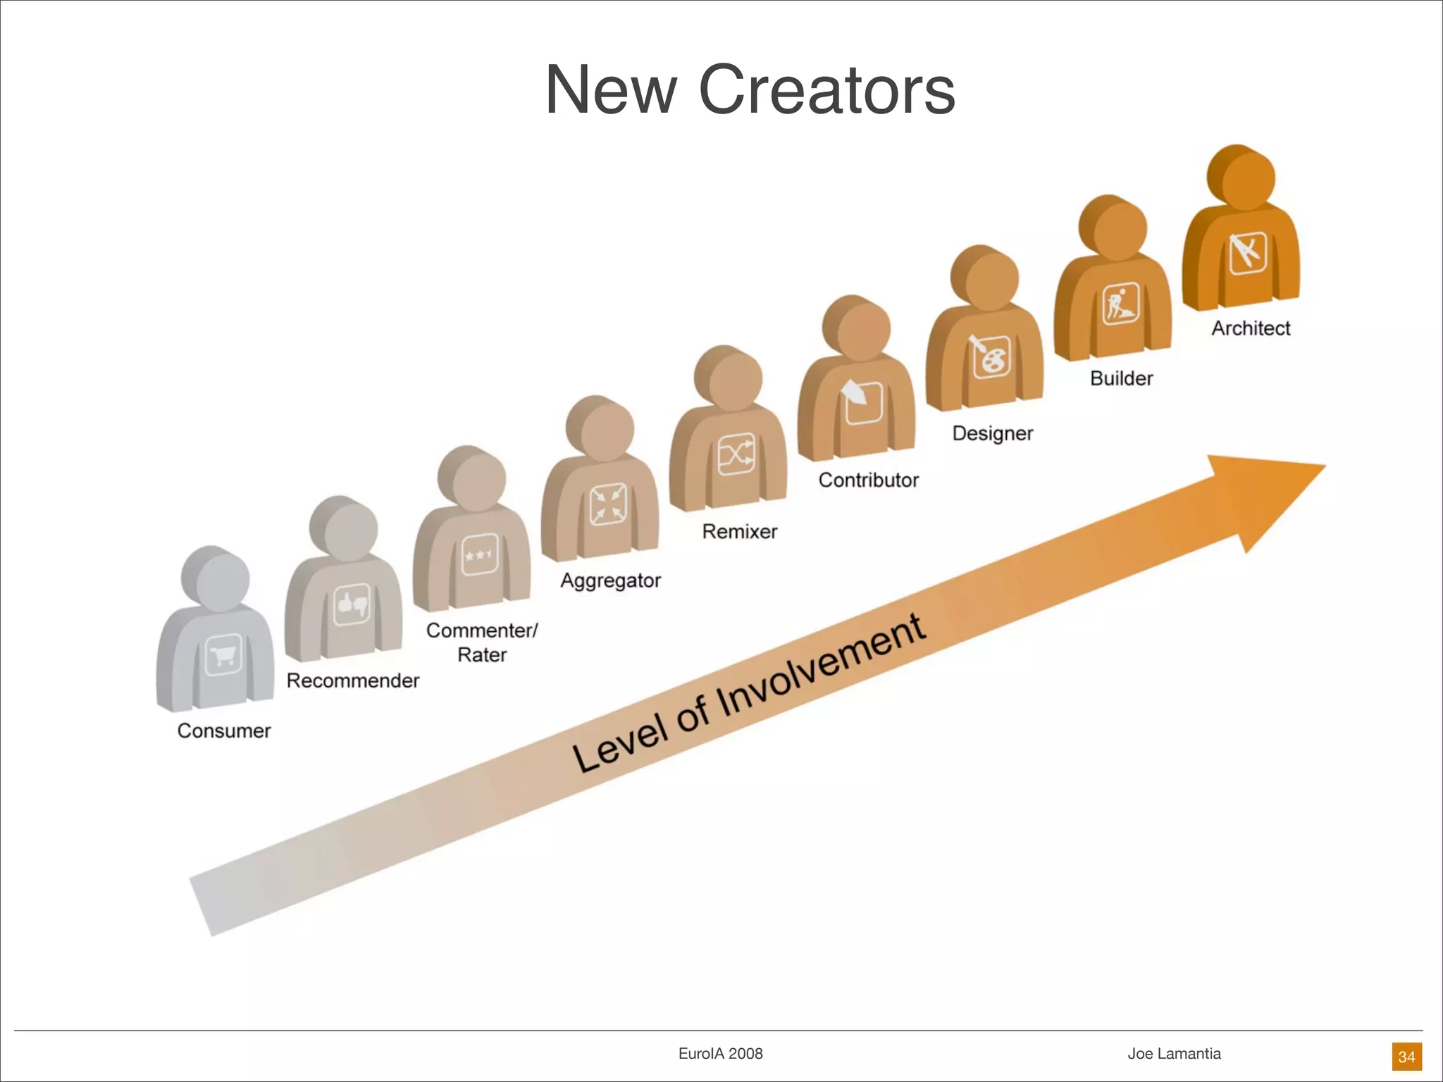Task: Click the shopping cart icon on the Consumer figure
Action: click(x=223, y=655)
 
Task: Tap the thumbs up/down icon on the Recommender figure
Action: click(x=352, y=604)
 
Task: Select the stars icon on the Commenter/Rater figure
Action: click(x=480, y=554)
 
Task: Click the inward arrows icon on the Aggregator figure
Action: click(x=608, y=504)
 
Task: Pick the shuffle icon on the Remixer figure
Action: click(x=736, y=454)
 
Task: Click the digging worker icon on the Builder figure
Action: click(x=1120, y=304)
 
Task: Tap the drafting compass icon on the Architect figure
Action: click(x=1248, y=253)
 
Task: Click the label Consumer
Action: click(x=224, y=730)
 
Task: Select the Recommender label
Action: click(x=352, y=680)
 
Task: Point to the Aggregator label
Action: click(x=610, y=580)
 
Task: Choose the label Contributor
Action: click(x=868, y=480)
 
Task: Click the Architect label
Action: click(x=1251, y=328)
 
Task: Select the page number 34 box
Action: click(x=1406, y=1057)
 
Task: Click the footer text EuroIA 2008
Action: click(x=720, y=1053)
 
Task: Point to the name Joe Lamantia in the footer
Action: click(x=1174, y=1053)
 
